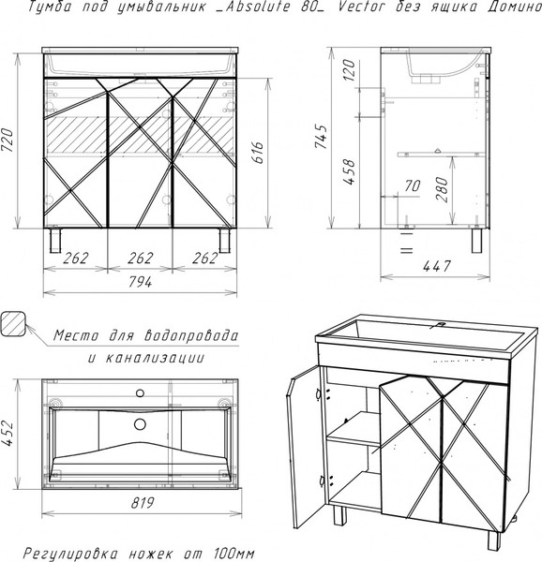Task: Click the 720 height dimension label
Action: click(8, 140)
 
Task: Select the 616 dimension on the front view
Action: click(258, 153)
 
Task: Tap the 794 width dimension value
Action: click(141, 283)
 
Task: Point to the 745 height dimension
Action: click(321, 137)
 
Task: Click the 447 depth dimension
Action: click(437, 266)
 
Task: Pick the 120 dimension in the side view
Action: click(349, 70)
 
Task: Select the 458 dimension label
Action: click(349, 171)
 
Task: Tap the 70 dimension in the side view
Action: click(413, 186)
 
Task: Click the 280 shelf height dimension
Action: click(442, 189)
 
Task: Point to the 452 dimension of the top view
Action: click(8, 434)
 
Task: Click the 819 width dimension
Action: click(143, 503)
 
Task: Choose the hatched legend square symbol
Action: click(13, 324)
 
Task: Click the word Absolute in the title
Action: click(257, 7)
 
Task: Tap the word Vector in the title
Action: click(362, 7)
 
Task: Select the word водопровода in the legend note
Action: click(191, 336)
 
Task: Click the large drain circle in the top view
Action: click(140, 424)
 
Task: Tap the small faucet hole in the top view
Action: click(141, 393)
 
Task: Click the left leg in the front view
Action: click(55, 241)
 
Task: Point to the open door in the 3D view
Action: click(303, 447)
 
